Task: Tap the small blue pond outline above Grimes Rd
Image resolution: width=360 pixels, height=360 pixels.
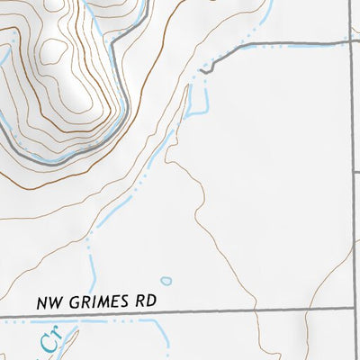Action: [166, 281]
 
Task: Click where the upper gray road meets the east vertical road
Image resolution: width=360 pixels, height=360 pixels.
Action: [350, 42]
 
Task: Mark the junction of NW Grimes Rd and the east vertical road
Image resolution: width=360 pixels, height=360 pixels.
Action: [350, 311]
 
